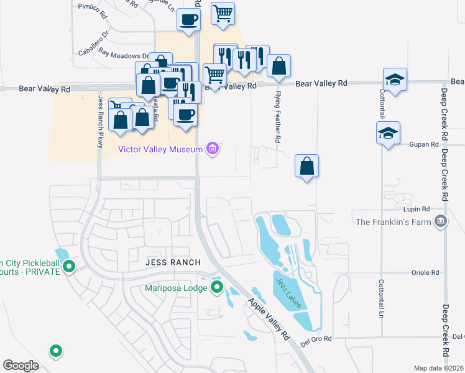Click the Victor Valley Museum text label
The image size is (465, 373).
(160, 149)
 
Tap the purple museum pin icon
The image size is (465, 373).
(213, 149)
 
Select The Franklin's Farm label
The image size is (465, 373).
(393, 221)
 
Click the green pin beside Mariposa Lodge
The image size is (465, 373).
(217, 287)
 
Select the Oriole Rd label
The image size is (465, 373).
(425, 272)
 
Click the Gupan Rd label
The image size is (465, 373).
(425, 144)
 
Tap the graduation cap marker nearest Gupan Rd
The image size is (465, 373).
(388, 134)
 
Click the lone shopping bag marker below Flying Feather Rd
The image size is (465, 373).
(306, 167)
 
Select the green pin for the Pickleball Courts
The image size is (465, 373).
(69, 267)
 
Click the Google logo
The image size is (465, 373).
(21, 365)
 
